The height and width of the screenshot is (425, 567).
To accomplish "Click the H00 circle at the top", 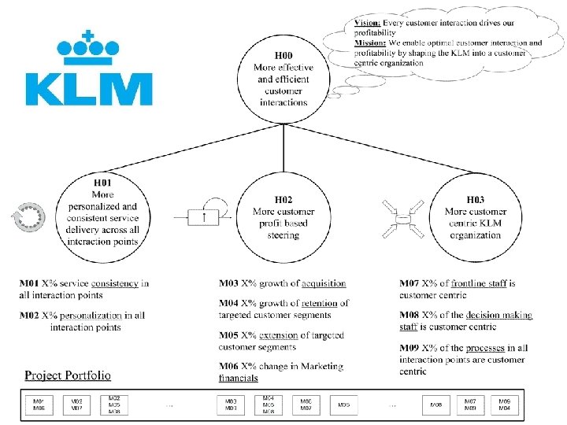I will (283, 79).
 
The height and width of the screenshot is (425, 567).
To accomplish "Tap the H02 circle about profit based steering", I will (283, 217).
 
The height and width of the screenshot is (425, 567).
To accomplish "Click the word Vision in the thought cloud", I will (367, 24).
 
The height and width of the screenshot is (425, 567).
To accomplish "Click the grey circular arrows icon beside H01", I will (30, 218).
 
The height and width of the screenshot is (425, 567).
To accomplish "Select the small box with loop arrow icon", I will (205, 216).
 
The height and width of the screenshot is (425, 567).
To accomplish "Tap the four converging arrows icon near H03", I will (402, 217).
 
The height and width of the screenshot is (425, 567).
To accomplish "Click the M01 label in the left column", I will (30, 283).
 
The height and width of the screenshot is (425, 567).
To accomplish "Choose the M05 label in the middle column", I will (229, 335).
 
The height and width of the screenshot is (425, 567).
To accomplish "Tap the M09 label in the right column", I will (409, 348).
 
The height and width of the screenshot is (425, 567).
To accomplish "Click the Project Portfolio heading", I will (68, 375).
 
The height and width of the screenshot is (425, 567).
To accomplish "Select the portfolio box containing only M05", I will (343, 405).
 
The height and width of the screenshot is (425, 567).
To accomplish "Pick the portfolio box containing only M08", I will (435, 405).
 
